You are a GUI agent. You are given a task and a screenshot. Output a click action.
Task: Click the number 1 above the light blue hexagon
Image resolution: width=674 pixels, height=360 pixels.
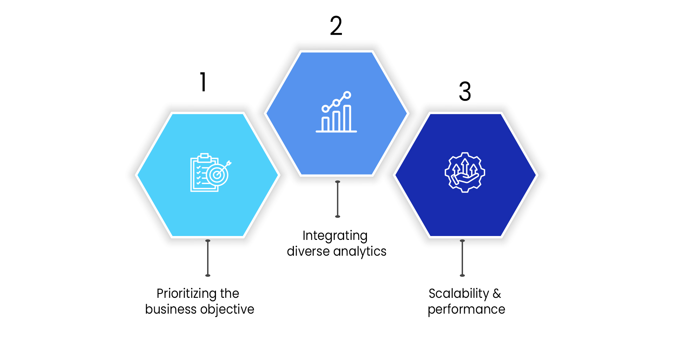(x=203, y=82)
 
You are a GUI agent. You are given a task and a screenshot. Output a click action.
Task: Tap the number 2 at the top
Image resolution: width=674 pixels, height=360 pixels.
(x=336, y=26)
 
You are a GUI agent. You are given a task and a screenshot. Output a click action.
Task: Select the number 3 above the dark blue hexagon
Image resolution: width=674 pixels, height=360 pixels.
(x=465, y=91)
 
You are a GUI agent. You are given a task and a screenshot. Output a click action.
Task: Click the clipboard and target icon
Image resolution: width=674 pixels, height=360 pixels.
(x=210, y=173)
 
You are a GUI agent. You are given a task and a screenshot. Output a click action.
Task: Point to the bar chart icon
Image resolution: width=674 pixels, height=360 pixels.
(x=336, y=112)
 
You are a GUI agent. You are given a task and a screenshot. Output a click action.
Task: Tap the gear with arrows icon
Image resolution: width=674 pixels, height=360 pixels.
(x=465, y=172)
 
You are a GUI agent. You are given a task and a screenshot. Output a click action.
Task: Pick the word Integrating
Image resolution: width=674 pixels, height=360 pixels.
(x=335, y=236)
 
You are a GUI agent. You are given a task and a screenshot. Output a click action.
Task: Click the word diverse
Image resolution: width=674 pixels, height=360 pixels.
(x=308, y=251)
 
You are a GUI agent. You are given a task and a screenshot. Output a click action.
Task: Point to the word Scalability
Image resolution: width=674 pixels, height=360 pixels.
(x=458, y=294)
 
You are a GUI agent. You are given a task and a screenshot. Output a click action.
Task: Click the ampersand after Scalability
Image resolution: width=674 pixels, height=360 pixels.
(x=497, y=294)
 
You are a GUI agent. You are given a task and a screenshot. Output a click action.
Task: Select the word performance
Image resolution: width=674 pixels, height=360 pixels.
(x=466, y=309)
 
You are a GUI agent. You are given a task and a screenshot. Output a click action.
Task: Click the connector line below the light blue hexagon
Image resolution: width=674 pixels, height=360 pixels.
(x=208, y=258)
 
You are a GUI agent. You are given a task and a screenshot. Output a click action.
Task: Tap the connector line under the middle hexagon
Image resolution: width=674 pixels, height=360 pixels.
(x=338, y=199)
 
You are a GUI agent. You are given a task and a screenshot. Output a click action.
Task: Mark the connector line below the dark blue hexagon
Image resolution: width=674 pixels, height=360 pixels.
(x=462, y=258)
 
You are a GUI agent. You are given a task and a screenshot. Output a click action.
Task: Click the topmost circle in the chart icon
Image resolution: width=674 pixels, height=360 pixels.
(x=347, y=95)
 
